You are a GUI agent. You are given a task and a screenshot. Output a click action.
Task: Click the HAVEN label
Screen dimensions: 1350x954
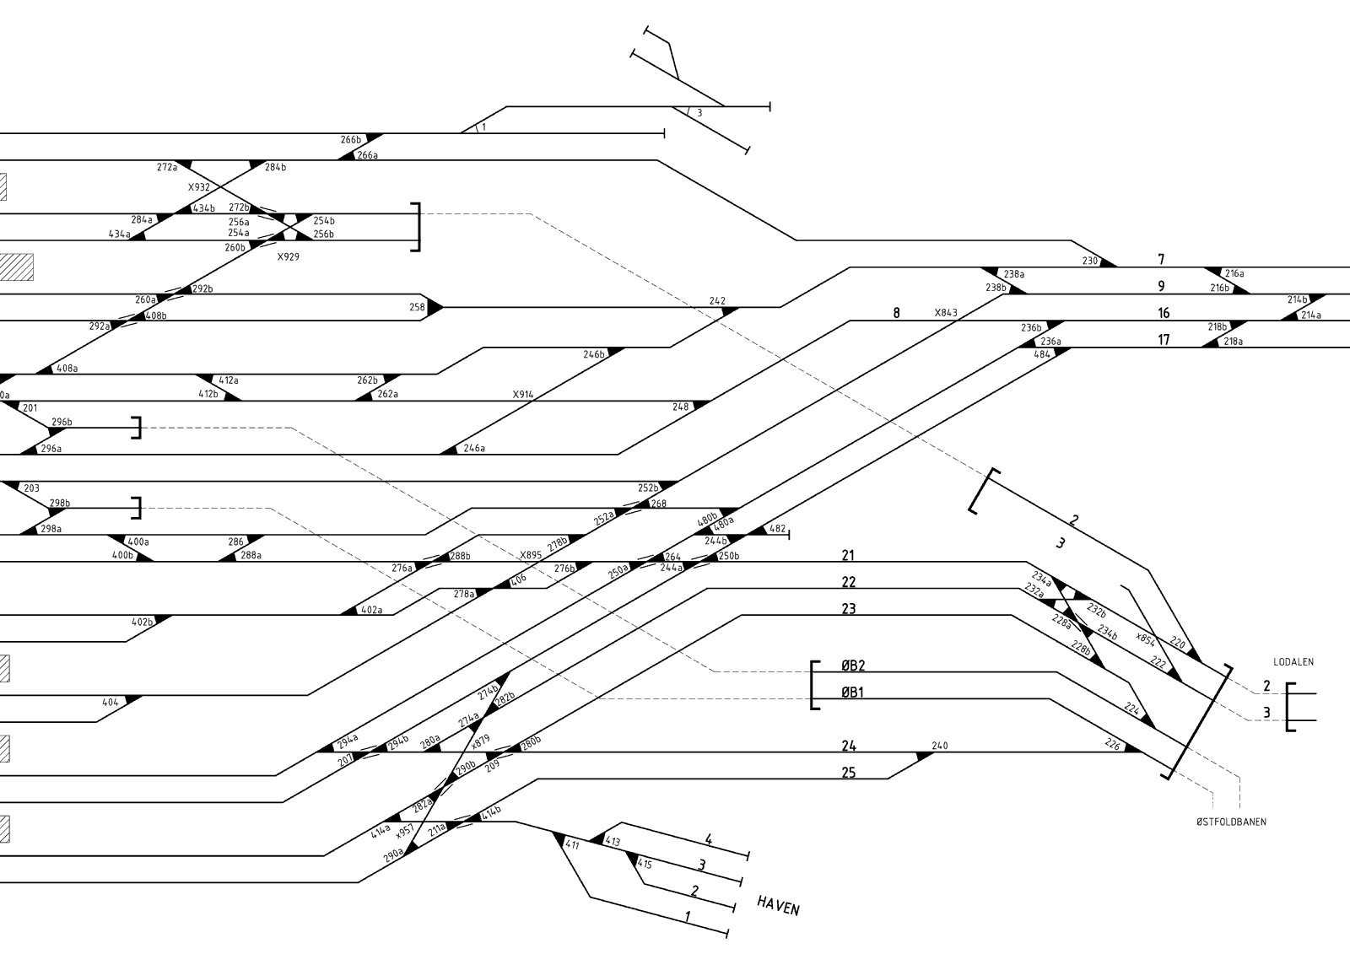tap(778, 906)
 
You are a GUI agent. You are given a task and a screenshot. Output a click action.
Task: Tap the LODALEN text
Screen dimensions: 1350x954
tap(1293, 661)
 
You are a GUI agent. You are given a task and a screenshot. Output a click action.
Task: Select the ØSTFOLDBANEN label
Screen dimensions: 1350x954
tap(1231, 822)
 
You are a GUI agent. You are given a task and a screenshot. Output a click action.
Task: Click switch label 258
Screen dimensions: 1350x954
tap(417, 307)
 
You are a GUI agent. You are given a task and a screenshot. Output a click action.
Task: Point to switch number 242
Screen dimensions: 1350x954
tap(717, 301)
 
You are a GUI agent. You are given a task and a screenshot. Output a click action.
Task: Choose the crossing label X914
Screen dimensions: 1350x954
tap(522, 395)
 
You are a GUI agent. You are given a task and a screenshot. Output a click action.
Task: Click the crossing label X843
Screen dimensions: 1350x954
tap(946, 313)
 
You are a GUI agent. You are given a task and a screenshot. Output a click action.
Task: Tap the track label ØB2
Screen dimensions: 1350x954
tap(853, 666)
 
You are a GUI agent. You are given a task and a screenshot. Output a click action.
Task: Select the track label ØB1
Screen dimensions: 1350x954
tap(852, 692)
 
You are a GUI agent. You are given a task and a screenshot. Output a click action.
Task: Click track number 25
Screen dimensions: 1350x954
tap(849, 773)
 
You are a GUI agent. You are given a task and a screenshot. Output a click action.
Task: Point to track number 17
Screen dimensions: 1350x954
tap(1164, 340)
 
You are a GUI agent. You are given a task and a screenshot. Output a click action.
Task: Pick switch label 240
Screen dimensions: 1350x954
tap(940, 746)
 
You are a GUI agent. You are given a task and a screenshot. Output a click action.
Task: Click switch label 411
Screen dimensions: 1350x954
tap(572, 845)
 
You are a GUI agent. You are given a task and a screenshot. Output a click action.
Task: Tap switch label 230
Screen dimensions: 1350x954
tap(1089, 261)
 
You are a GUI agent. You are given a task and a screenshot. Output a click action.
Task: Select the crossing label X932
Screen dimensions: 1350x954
tap(199, 187)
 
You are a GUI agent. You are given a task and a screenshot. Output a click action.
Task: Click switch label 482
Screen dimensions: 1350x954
tap(777, 529)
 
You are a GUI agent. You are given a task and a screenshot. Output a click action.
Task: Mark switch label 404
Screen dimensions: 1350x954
tap(111, 702)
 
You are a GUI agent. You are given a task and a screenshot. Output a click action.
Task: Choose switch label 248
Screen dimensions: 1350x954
tap(680, 407)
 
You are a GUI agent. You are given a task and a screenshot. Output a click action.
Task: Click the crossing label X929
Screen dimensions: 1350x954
tap(288, 256)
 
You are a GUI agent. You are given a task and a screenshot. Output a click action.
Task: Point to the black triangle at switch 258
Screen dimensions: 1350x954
tap(435, 307)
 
